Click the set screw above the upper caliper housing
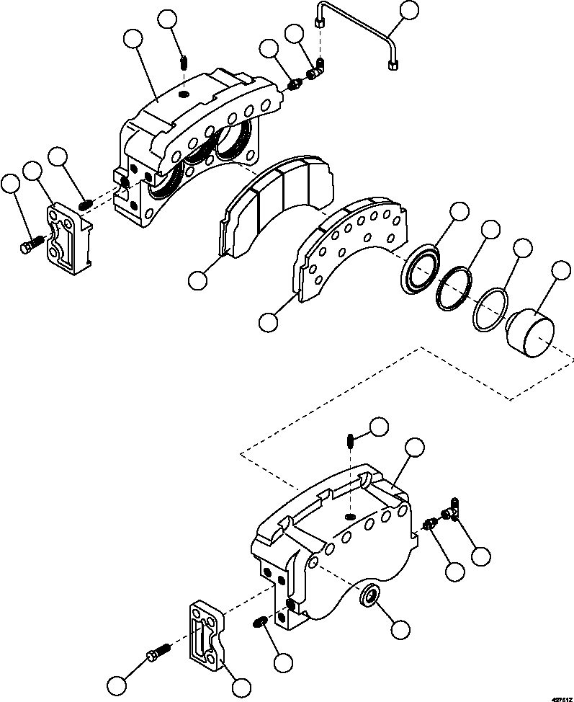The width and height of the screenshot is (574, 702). pos(183,63)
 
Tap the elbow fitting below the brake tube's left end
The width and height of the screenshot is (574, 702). pos(317,71)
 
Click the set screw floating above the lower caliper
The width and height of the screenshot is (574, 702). pos(349,439)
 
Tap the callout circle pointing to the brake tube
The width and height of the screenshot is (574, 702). pos(410,10)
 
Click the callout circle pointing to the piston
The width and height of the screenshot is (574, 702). pos(560,272)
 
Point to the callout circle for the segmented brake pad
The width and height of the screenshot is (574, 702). pos(198,279)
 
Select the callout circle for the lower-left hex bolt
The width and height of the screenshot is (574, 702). pos(117,683)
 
